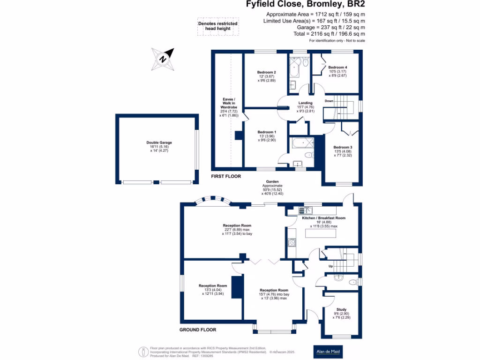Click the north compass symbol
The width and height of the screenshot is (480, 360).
tap(163, 59)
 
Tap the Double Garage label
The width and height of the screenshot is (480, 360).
tap(159, 142)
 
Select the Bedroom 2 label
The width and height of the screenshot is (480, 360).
tap(266, 72)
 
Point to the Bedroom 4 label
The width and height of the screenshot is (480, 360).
tap(337, 67)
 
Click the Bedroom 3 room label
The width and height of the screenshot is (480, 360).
tap(343, 147)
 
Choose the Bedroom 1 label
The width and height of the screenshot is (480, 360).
tap(267, 132)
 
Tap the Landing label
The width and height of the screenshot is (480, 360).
tap(306, 103)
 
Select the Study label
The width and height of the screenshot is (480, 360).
tap(342, 309)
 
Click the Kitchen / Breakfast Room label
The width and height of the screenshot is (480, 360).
tap(323, 218)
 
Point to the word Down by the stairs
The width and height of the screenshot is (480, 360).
tap(329, 101)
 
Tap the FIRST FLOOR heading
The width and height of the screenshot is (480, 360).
tap(226, 177)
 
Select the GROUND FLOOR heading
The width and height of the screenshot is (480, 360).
tap(198, 330)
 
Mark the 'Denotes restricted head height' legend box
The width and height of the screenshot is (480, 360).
tap(217, 26)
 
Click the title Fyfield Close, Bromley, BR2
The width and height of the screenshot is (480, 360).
tap(306, 5)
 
